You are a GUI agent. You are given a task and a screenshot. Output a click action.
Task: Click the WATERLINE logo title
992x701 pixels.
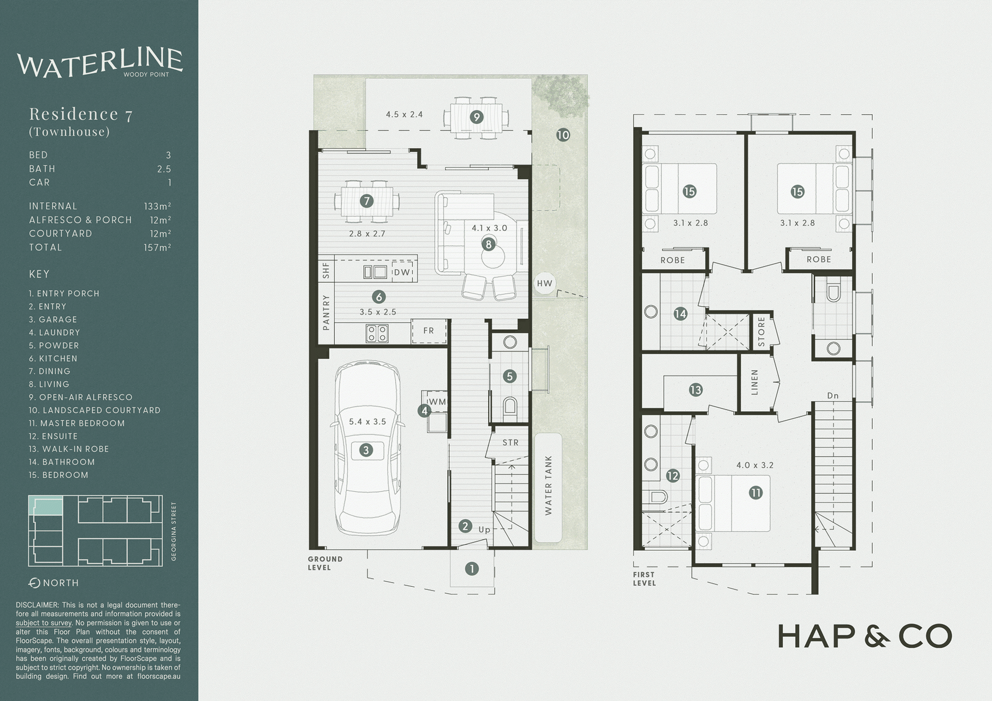[x=100, y=64]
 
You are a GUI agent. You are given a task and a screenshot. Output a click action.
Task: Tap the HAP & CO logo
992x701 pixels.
[x=864, y=636]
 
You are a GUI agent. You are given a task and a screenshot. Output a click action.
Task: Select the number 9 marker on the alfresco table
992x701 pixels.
[x=476, y=117]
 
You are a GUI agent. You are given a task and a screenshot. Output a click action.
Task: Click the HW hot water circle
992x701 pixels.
[x=545, y=283]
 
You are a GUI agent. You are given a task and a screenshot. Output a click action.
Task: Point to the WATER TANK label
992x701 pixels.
[x=548, y=485]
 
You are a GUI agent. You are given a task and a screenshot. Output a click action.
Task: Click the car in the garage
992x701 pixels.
[x=367, y=447]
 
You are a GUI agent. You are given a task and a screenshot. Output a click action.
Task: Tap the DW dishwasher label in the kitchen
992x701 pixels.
[x=401, y=272]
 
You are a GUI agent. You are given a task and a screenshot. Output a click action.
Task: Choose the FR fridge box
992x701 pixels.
[x=429, y=331]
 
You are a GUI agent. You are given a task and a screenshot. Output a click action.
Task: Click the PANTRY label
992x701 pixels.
[x=326, y=313]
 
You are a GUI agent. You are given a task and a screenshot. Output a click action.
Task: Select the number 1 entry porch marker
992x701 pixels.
[x=472, y=569]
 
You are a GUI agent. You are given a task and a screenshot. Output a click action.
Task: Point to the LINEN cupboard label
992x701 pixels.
[x=755, y=382]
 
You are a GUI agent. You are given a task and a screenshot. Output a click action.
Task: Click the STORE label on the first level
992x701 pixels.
[x=761, y=332]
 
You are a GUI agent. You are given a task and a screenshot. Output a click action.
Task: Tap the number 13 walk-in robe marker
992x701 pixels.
[x=695, y=390]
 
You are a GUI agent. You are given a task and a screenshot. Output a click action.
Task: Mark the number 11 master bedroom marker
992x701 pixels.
[x=756, y=493]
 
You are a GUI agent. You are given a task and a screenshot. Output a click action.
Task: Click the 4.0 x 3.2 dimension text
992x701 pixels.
[x=755, y=465]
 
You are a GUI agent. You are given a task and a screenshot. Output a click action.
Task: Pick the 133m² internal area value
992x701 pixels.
[x=158, y=206]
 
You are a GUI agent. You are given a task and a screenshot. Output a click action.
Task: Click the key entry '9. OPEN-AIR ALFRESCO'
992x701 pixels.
[x=81, y=397]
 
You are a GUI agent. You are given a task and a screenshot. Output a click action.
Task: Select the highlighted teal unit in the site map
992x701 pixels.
[x=46, y=506]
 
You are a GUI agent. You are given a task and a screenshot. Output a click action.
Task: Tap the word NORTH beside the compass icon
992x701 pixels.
[x=61, y=583]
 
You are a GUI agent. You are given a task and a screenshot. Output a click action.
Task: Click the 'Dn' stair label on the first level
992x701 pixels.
[x=832, y=396]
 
